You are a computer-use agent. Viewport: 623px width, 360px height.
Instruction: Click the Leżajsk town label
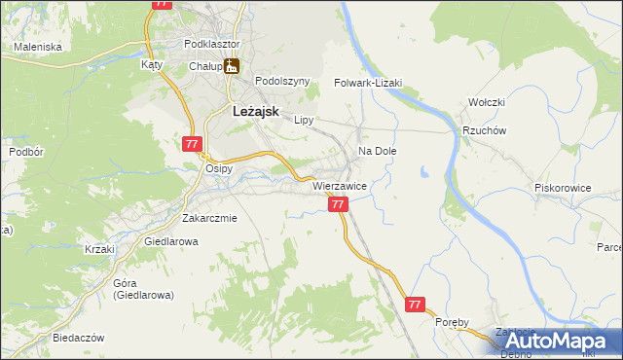(x=257, y=112)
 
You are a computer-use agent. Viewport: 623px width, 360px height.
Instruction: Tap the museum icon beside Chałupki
(x=232, y=66)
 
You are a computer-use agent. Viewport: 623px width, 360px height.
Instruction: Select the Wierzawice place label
(x=339, y=185)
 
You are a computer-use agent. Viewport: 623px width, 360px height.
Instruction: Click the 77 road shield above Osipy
(x=191, y=143)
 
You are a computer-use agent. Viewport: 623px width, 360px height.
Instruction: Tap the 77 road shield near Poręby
(x=416, y=305)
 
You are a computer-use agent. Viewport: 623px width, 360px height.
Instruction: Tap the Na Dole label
(x=378, y=152)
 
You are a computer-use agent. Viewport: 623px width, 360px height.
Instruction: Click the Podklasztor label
(x=211, y=44)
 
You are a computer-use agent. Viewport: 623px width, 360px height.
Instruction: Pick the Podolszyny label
(x=281, y=82)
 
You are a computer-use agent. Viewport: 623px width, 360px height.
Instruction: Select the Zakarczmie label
(x=209, y=218)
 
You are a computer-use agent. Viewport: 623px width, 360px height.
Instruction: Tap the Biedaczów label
(x=78, y=338)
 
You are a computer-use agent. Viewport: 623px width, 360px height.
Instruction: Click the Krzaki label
(x=99, y=249)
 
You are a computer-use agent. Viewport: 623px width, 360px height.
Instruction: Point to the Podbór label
(x=25, y=152)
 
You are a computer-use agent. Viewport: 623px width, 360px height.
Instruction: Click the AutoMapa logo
(x=558, y=342)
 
